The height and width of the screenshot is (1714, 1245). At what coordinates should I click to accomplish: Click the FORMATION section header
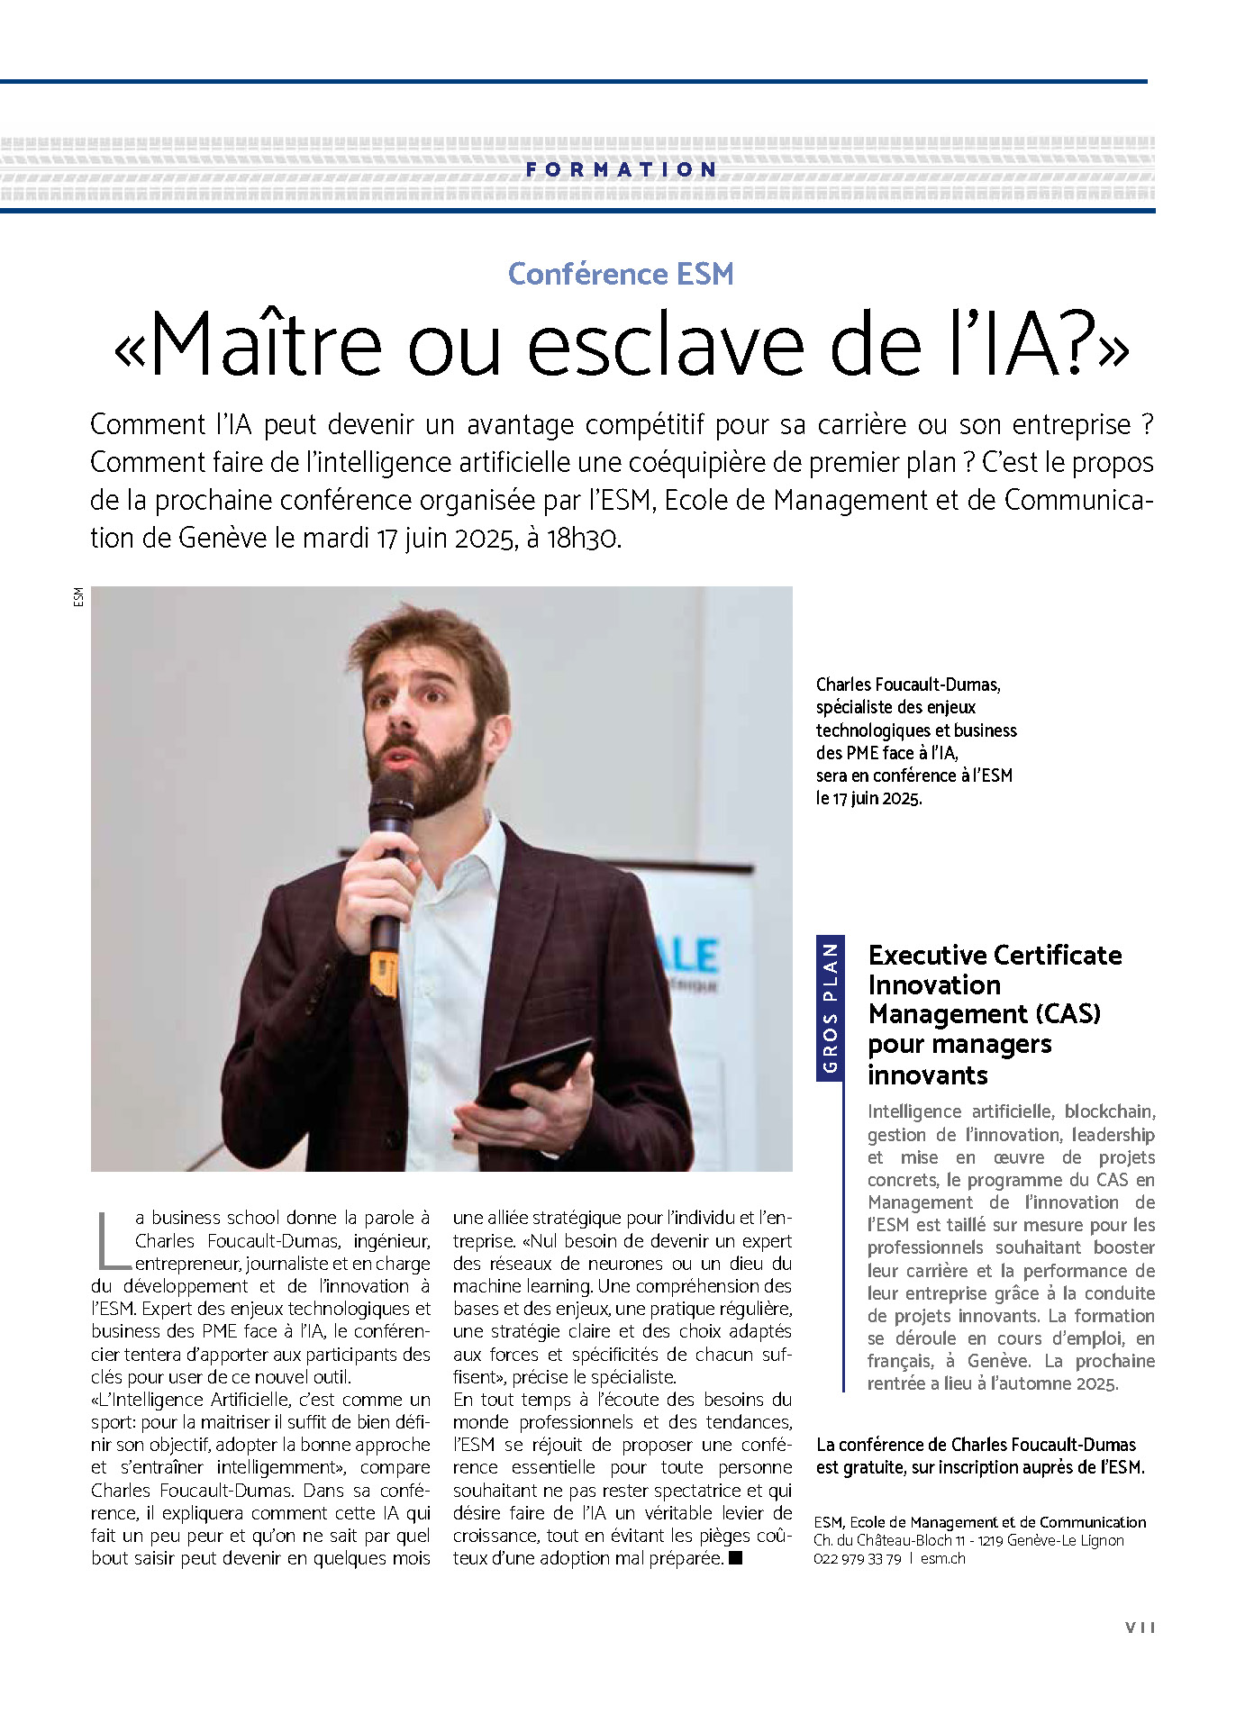(622, 169)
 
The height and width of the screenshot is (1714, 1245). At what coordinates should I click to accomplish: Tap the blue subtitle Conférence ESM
(621, 274)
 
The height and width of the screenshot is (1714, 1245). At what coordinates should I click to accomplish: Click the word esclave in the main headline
(665, 345)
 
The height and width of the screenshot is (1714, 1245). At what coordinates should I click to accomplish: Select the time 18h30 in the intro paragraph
(583, 538)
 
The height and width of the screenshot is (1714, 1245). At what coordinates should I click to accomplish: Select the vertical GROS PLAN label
(830, 1008)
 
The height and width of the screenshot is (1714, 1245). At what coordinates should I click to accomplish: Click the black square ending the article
(736, 1558)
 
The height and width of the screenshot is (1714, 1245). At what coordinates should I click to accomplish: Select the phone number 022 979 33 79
(857, 1559)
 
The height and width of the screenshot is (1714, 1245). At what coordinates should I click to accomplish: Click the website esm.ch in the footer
(942, 1559)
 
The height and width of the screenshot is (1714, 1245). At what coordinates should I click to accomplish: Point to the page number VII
(1140, 1628)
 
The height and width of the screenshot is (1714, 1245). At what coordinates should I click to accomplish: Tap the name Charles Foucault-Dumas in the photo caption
(907, 685)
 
